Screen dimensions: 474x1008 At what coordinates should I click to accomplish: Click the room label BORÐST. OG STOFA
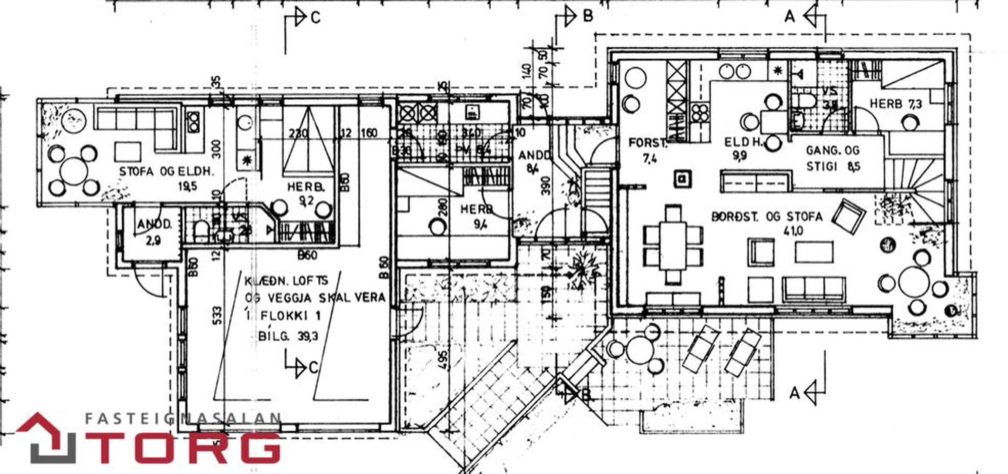(767, 217)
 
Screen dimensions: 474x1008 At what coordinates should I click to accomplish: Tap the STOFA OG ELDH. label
(167, 172)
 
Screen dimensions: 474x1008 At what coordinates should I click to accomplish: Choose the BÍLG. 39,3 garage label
(288, 336)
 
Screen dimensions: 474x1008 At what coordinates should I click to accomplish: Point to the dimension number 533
(218, 316)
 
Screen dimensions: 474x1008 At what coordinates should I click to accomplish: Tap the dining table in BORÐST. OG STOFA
(673, 245)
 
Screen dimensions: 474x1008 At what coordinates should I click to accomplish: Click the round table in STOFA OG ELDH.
(74, 171)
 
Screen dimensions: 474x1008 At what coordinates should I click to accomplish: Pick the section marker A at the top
(790, 16)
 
